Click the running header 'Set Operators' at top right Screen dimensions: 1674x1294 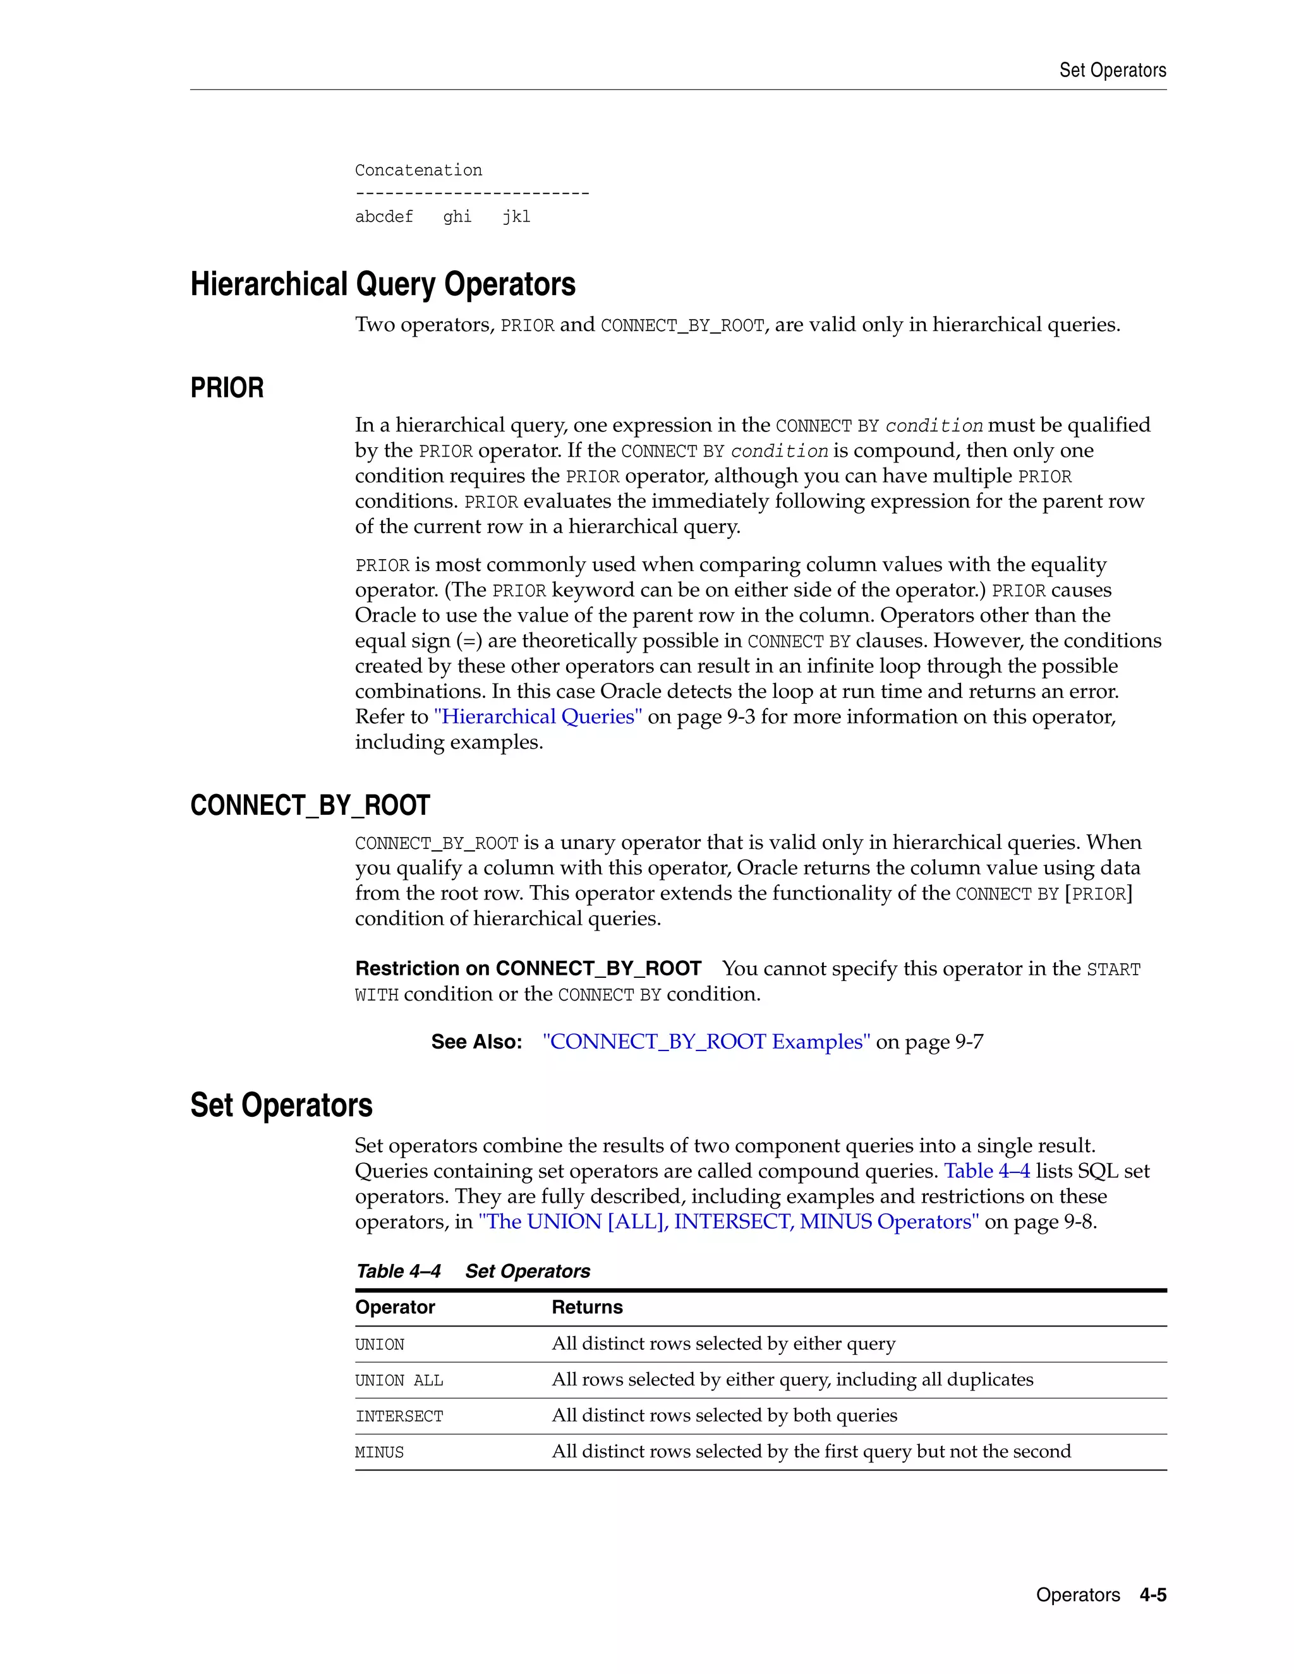[1111, 71]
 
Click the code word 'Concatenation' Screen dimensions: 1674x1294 [418, 170]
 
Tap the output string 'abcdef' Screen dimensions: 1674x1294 [384, 217]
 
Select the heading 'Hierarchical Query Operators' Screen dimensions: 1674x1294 [382, 284]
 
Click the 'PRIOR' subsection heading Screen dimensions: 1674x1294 [226, 388]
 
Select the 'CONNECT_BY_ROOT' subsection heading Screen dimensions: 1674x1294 [310, 805]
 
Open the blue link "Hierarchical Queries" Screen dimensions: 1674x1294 [538, 717]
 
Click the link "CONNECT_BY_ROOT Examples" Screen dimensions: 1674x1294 [705, 1042]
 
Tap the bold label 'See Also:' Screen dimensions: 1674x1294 [476, 1042]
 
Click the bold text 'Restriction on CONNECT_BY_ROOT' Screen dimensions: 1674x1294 [528, 969]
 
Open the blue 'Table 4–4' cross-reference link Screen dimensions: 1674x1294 [986, 1171]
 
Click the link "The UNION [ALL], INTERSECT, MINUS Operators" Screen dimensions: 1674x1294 [729, 1222]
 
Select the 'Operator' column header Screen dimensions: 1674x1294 [395, 1308]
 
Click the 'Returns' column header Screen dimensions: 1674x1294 [586, 1308]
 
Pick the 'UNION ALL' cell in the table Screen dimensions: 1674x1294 [399, 1380]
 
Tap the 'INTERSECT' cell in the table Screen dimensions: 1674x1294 [399, 1416]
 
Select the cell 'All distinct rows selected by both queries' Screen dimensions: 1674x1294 [723, 1416]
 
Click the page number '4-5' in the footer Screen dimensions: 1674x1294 [1152, 1595]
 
